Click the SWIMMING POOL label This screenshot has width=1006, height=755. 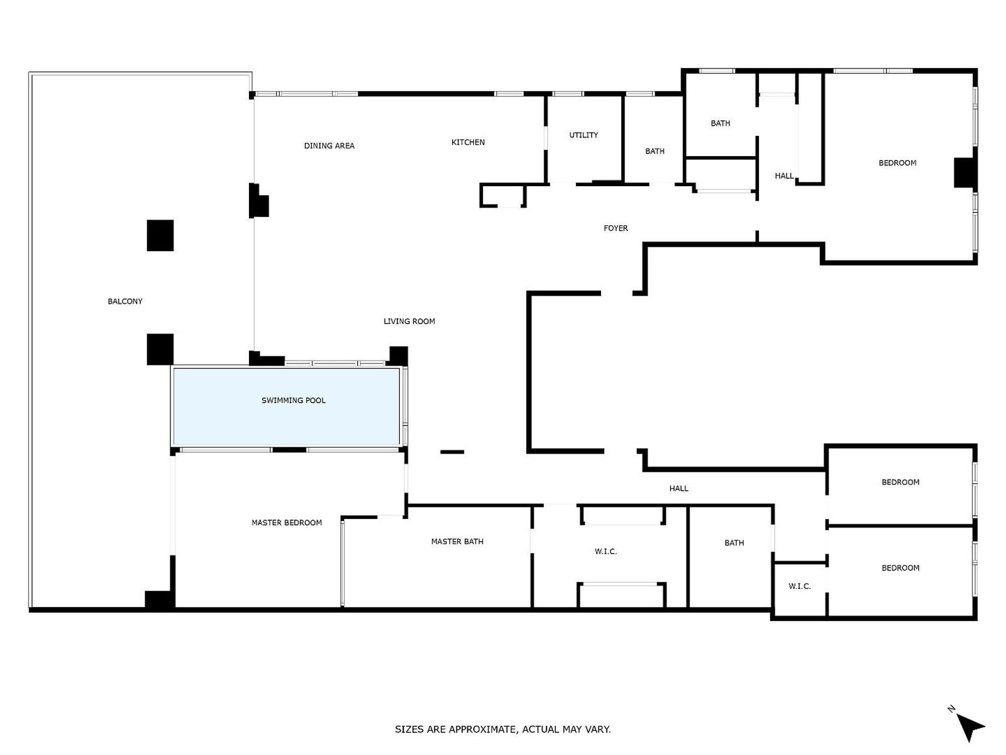pyautogui.click(x=294, y=400)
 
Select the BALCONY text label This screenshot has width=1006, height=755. pyautogui.click(x=125, y=301)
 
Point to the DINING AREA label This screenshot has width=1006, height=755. pyautogui.click(x=329, y=146)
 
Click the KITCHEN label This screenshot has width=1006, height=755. pyautogui.click(x=468, y=142)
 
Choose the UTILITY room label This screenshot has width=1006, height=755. pyautogui.click(x=583, y=135)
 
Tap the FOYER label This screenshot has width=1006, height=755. pyautogui.click(x=616, y=228)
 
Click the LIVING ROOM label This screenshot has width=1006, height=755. pyautogui.click(x=409, y=322)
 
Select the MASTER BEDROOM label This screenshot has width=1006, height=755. pyautogui.click(x=287, y=523)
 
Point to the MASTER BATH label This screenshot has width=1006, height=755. pyautogui.click(x=457, y=541)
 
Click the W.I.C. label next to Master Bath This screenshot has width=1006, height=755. pyautogui.click(x=605, y=552)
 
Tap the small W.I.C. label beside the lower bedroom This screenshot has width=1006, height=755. pyautogui.click(x=799, y=586)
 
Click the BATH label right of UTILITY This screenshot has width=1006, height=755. pyautogui.click(x=655, y=151)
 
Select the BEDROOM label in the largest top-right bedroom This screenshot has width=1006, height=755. pyautogui.click(x=897, y=163)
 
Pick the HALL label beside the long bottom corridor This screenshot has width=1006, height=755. pyautogui.click(x=679, y=488)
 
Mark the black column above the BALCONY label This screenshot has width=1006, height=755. pyautogui.click(x=160, y=235)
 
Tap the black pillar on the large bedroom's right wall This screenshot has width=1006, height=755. pyautogui.click(x=965, y=172)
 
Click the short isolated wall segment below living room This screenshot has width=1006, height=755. pyautogui.click(x=452, y=452)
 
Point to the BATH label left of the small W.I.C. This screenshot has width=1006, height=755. pyautogui.click(x=734, y=543)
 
